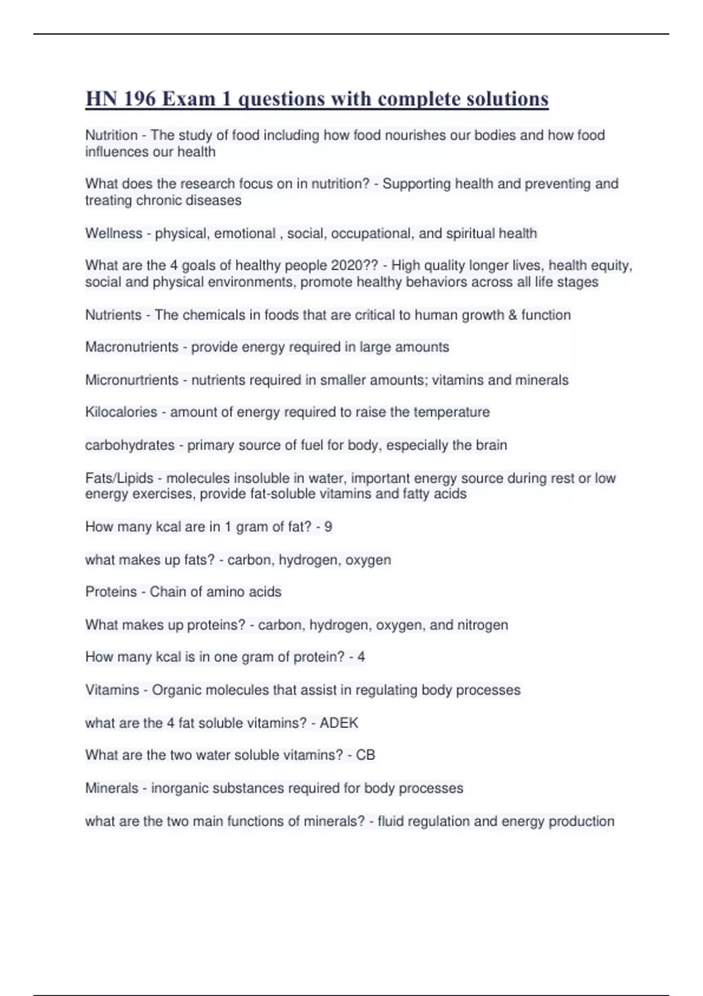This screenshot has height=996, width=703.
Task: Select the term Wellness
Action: click(114, 233)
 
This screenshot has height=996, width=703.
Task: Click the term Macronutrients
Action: click(132, 347)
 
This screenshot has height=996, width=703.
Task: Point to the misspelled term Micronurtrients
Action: click(132, 380)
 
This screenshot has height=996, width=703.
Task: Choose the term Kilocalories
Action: click(121, 412)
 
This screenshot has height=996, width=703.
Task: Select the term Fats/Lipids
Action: click(119, 478)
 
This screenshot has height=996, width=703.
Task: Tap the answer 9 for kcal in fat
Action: click(328, 527)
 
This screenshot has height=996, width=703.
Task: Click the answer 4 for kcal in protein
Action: click(361, 657)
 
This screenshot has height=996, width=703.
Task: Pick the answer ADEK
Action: click(339, 723)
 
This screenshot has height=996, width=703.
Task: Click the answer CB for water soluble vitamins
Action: click(366, 755)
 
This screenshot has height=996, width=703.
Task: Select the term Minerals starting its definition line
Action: click(112, 788)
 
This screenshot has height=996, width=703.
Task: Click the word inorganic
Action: click(179, 788)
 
